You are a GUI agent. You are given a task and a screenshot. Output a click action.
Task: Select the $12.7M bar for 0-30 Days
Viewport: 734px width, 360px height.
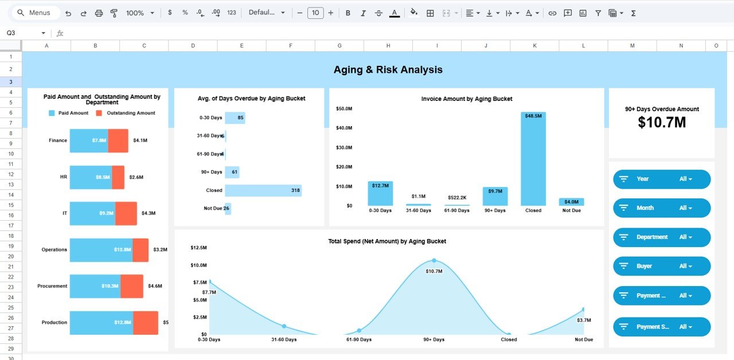pos(380,194)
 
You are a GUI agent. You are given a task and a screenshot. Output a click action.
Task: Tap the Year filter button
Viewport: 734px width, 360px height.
pos(662,179)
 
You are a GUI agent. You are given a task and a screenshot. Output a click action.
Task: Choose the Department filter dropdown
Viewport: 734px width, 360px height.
pos(662,237)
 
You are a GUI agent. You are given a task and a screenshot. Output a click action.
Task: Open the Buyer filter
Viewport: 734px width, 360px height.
pos(662,266)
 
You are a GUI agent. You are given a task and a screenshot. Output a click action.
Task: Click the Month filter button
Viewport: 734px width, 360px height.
pos(662,208)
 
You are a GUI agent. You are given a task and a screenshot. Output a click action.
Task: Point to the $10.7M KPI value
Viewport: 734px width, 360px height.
pos(662,122)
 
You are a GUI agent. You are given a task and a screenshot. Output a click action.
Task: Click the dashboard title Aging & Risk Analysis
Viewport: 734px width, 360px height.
pos(388,70)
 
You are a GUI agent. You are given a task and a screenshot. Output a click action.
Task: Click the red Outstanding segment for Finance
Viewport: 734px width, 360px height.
pos(118,140)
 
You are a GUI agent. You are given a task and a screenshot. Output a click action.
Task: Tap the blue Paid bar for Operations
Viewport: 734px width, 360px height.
pos(101,250)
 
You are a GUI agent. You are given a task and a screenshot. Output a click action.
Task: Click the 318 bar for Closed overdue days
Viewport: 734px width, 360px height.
pos(263,190)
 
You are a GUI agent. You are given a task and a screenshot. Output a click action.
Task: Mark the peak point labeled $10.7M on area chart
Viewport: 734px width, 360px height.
pos(434,260)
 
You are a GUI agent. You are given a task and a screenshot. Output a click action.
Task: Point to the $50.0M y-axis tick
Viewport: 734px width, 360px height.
pos(344,108)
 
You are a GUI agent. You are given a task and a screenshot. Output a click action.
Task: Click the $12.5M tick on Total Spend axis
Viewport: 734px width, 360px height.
pos(198,247)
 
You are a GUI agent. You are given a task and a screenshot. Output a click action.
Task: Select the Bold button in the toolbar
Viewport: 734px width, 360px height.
pos(348,13)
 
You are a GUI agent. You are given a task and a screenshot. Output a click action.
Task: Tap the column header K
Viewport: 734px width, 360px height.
pos(534,46)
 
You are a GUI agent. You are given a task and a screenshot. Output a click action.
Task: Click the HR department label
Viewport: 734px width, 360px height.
pos(63,177)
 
